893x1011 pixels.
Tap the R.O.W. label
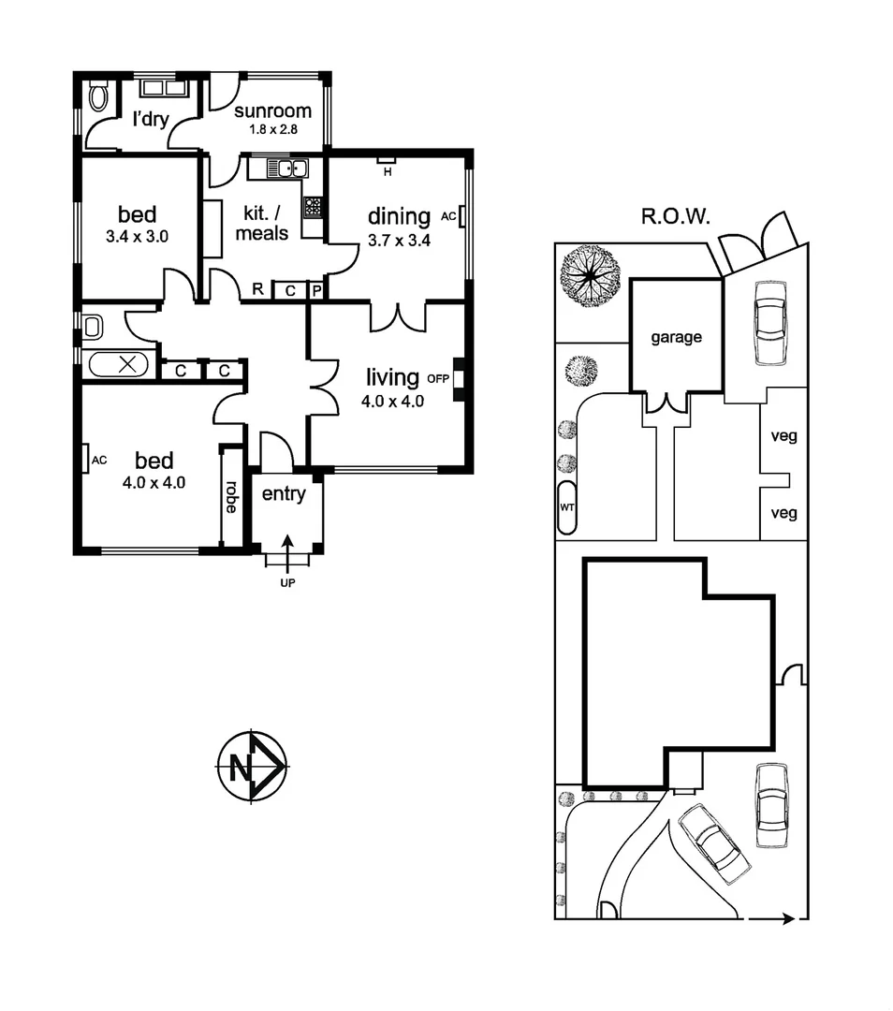[x=675, y=218]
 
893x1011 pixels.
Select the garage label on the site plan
[x=676, y=338]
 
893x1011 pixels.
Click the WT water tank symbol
[x=566, y=507]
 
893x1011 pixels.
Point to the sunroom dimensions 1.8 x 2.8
[x=272, y=131]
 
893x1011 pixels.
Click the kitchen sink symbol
[x=287, y=169]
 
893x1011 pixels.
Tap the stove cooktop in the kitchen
[x=313, y=207]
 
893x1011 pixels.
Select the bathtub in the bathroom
[x=119, y=364]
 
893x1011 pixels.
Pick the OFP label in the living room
[x=438, y=379]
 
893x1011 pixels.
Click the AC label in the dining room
[x=447, y=216]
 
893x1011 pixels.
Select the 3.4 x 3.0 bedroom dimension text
[x=137, y=237]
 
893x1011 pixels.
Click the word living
[x=392, y=377]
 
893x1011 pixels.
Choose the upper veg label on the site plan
[x=783, y=436]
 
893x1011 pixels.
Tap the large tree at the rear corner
[x=591, y=274]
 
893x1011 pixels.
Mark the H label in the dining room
[x=386, y=169]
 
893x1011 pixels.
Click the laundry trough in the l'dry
[x=165, y=89]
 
